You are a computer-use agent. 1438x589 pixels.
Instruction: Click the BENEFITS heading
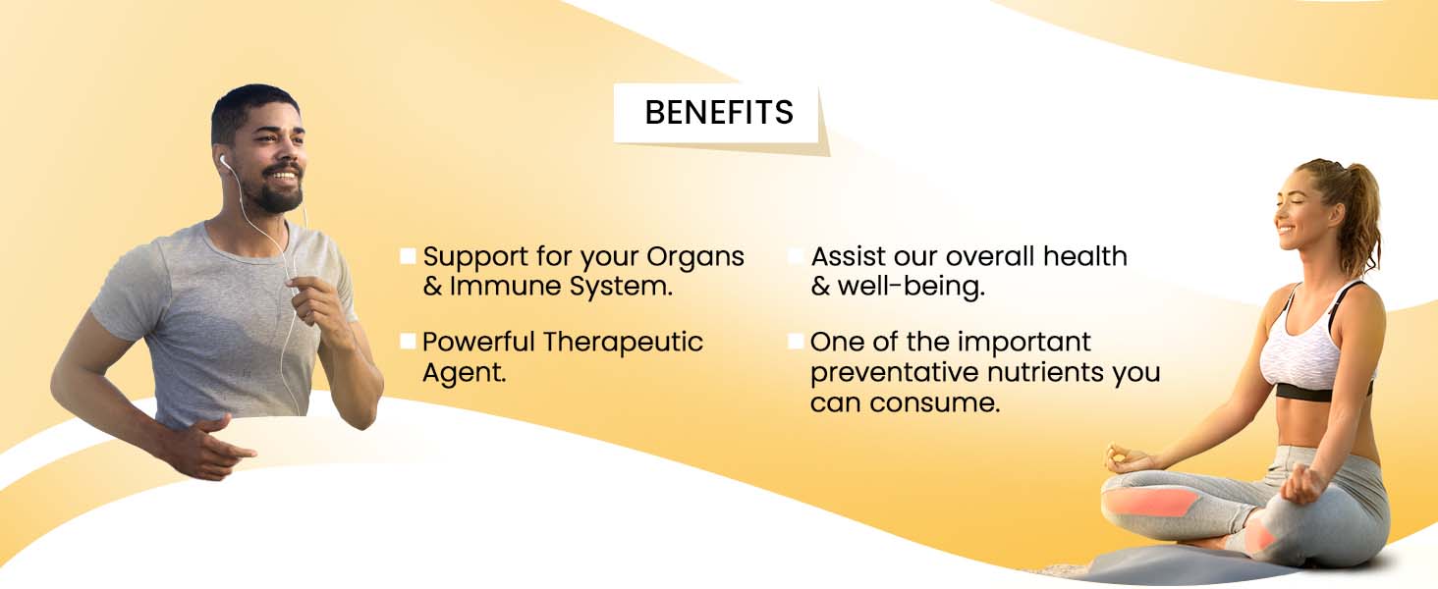(x=719, y=112)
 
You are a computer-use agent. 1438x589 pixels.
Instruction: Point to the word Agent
(x=465, y=373)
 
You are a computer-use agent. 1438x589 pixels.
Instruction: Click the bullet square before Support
(x=408, y=256)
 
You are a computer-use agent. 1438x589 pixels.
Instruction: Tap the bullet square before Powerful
(x=408, y=342)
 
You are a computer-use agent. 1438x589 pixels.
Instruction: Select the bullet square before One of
(x=796, y=342)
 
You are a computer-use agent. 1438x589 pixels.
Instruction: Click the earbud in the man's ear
(x=223, y=160)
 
